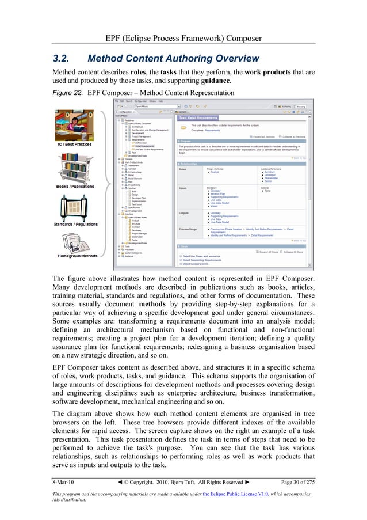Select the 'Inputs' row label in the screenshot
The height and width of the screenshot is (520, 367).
184,188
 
